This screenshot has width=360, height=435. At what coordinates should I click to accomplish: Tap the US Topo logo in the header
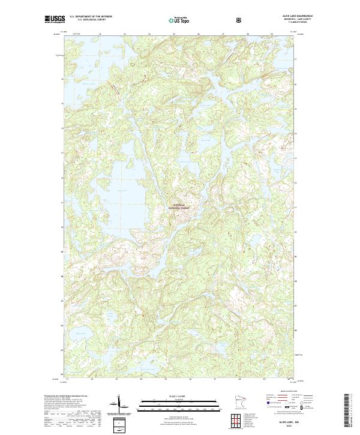pos(181,19)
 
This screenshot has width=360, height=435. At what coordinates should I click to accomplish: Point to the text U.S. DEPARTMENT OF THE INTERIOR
pos(90,17)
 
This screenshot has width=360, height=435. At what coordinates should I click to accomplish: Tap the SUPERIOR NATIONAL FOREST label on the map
pos(181,206)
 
